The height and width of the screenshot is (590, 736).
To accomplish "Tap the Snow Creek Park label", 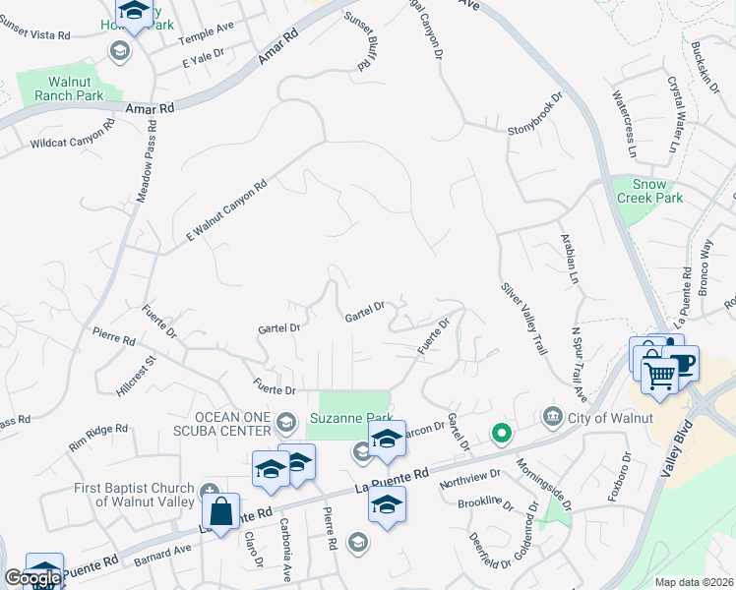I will click(649, 191).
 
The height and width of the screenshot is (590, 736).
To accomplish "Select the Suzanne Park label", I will click(351, 418).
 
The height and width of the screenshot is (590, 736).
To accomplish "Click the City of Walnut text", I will click(612, 418).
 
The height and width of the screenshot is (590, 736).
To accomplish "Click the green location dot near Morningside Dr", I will click(502, 432).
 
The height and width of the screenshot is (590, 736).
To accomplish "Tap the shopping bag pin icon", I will click(221, 511).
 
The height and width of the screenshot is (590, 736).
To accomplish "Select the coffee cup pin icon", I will click(679, 362).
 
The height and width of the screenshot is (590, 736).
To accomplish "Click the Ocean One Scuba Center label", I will click(218, 423).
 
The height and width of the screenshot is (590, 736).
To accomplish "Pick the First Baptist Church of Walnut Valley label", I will click(136, 495).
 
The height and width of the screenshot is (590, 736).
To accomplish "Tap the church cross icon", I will click(209, 491).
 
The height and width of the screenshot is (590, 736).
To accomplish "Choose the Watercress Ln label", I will click(625, 124).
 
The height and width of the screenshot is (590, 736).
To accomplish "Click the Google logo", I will click(32, 578).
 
